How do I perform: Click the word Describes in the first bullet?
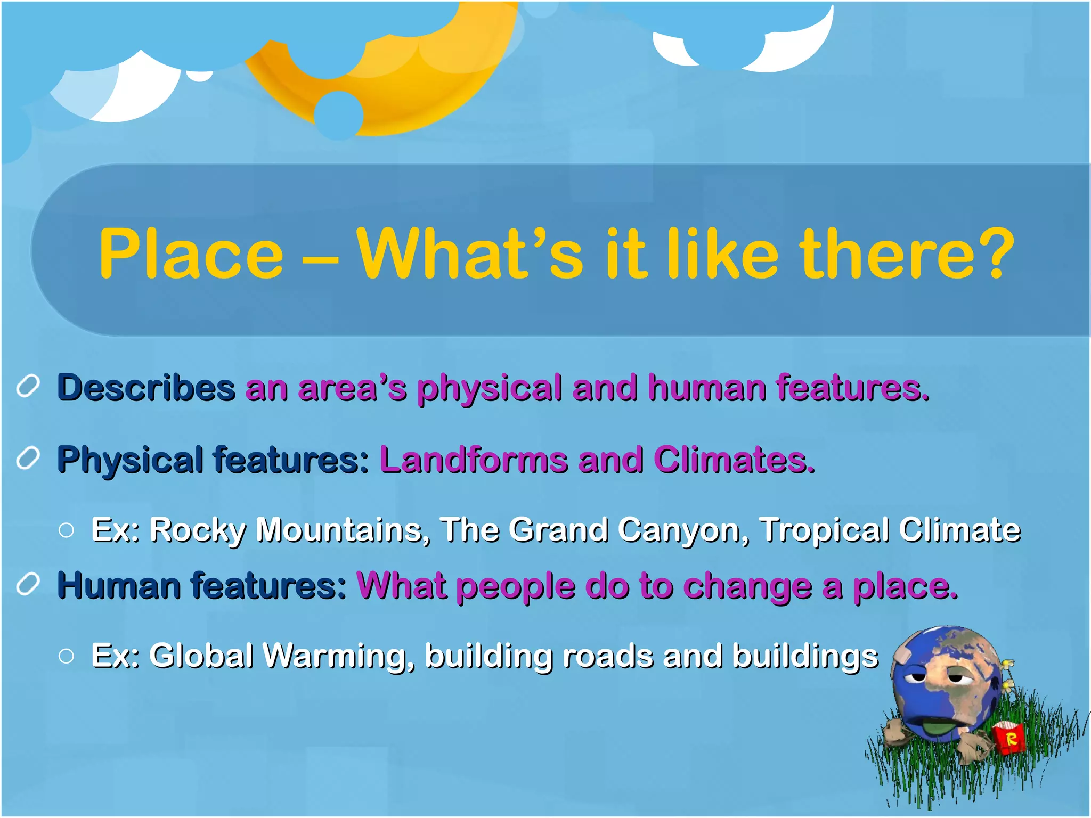(146, 387)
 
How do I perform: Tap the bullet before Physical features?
(28, 458)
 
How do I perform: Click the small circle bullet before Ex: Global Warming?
(67, 656)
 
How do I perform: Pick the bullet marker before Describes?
(28, 386)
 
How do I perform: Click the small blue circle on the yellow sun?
(338, 114)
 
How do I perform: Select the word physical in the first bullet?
(489, 387)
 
